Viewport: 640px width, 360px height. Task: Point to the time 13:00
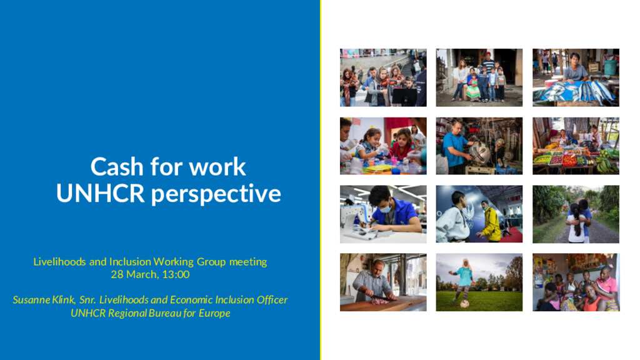[176, 274]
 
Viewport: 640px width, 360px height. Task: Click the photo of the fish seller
[576, 77]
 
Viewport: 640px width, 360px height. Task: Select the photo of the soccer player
[479, 282]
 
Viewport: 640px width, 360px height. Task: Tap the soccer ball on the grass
[465, 304]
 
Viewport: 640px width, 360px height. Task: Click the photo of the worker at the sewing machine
[383, 214]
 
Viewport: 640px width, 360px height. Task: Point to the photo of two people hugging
[576, 214]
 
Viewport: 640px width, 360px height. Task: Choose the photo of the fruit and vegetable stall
[576, 146]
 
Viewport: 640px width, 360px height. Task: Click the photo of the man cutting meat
[383, 282]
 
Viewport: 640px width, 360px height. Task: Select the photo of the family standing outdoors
[479, 77]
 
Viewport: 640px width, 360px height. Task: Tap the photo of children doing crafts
[383, 146]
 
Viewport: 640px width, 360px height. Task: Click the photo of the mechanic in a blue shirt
[479, 146]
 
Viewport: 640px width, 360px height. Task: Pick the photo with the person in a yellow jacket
[479, 214]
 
